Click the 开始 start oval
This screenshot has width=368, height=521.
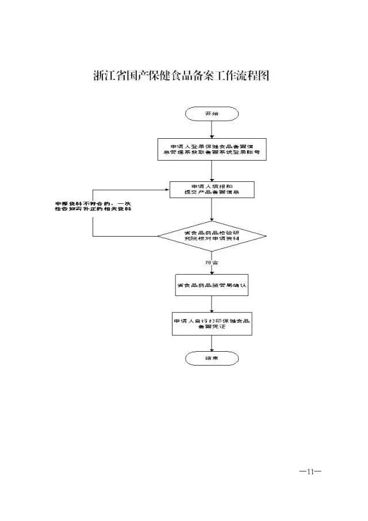[x=212, y=114]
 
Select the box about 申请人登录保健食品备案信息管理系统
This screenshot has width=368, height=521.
[x=212, y=149]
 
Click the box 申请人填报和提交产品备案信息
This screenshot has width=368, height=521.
[x=212, y=189]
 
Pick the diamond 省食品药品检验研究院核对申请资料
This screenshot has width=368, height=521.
[x=212, y=236]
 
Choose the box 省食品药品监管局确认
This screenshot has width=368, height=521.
[x=212, y=286]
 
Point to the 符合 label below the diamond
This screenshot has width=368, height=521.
[x=212, y=262]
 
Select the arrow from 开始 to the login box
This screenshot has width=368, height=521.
[x=212, y=130]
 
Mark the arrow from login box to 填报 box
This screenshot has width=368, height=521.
[x=212, y=170]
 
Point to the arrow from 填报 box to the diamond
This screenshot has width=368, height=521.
[x=212, y=210]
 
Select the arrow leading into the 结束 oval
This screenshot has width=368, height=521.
[x=212, y=343]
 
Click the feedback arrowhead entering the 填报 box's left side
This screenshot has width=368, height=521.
[x=167, y=189]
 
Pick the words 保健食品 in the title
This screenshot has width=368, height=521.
[x=167, y=77]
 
